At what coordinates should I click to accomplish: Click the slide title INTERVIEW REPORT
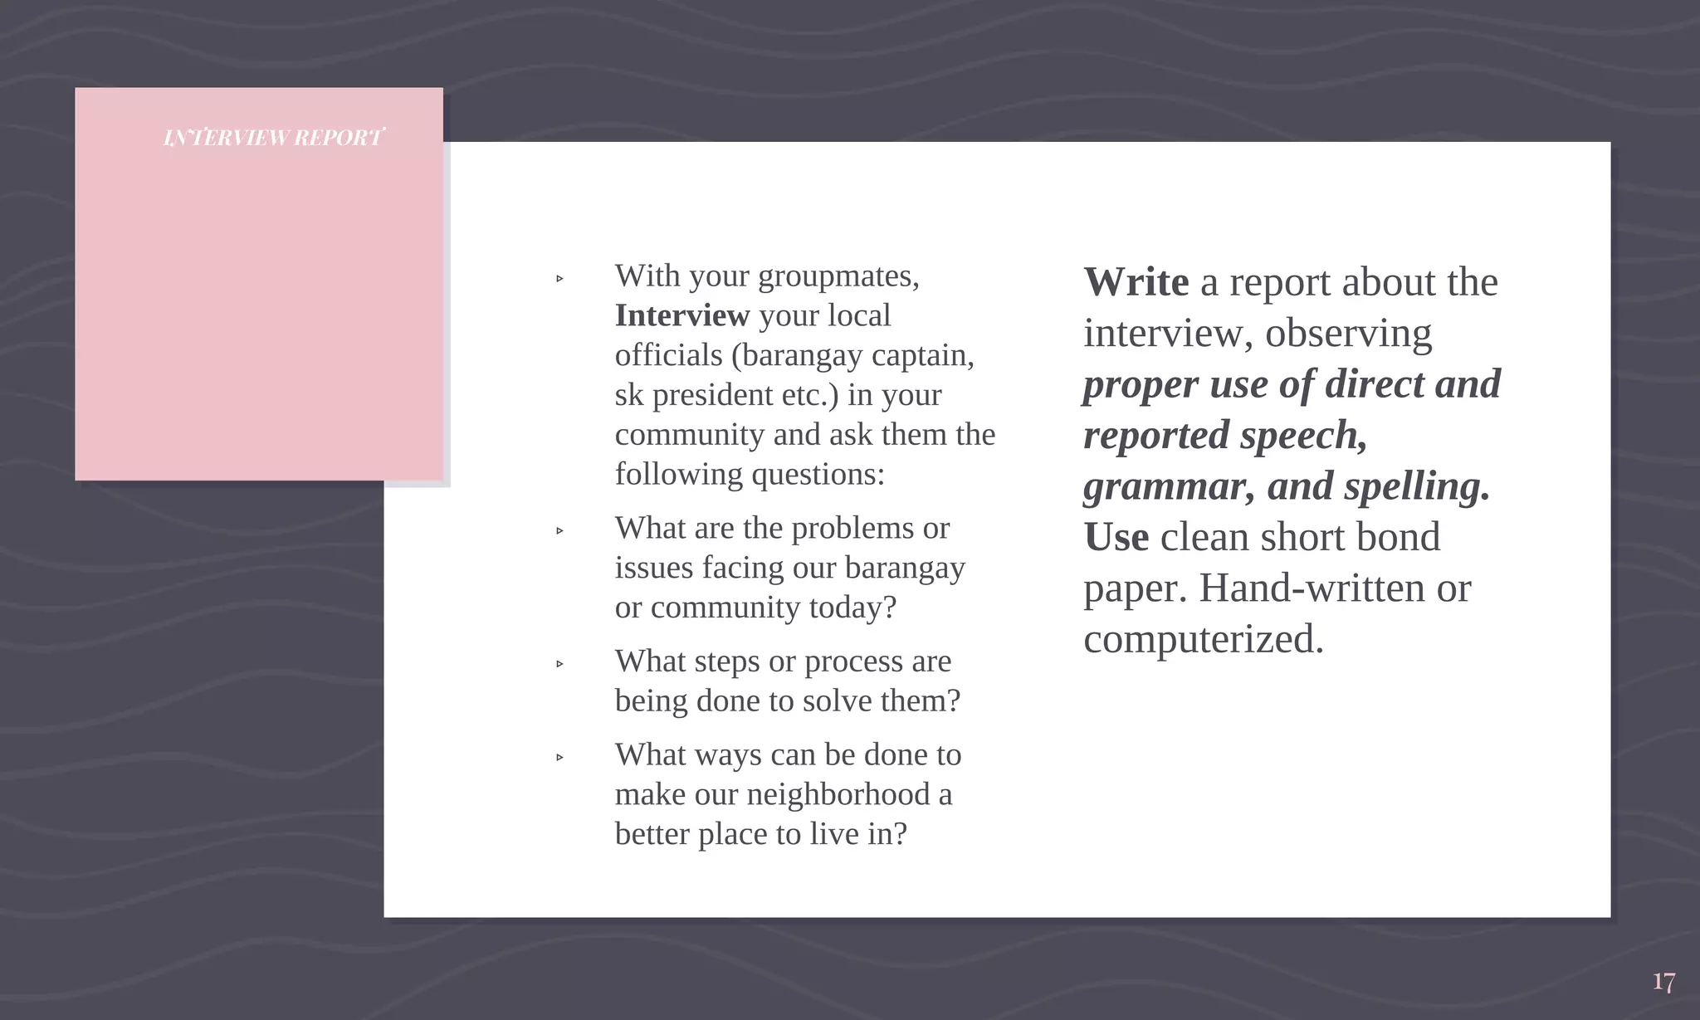pos(273,138)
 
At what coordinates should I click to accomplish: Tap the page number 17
pos(1663,983)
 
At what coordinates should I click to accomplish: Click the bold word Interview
pos(681,316)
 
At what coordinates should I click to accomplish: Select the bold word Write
pos(1136,282)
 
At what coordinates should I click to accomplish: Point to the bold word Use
pos(1116,537)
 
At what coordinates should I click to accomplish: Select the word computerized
pos(1203,639)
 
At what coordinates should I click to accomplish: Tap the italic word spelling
pos(1416,486)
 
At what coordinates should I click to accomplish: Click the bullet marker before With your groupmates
pos(559,279)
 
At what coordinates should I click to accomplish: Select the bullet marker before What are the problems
pos(559,530)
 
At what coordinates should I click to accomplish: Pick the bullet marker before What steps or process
pos(559,664)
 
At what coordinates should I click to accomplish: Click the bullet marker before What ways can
pos(559,757)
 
